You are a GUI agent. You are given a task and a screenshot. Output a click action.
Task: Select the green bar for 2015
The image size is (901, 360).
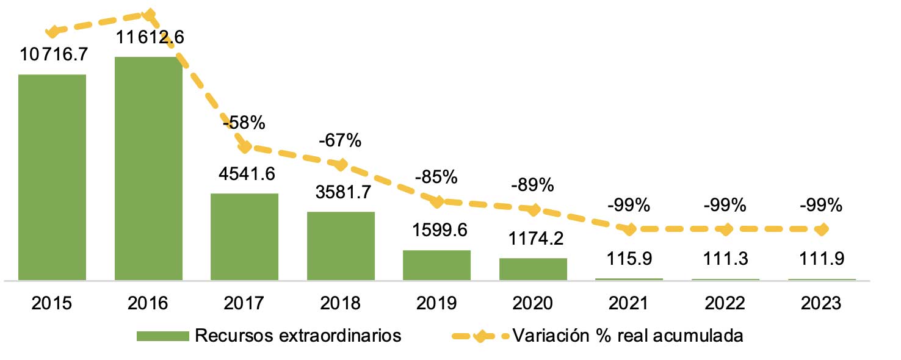point(52,177)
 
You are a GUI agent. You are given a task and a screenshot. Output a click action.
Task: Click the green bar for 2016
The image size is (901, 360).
point(148,168)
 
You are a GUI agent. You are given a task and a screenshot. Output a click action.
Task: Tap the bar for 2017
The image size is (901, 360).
point(244,237)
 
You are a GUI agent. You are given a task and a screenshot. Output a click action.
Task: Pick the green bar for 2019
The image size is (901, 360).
point(436,265)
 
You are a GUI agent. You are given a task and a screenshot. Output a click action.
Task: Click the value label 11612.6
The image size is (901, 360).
point(150,38)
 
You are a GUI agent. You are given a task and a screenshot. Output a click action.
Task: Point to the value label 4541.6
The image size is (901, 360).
point(246,173)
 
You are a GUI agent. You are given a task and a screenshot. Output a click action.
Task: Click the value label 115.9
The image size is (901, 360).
point(629,259)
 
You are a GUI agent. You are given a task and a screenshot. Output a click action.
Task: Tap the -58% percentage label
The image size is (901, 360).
point(244,123)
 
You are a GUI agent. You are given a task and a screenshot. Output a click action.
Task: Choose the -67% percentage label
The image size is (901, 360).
point(340,141)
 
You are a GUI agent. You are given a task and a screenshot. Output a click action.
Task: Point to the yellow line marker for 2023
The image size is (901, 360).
point(822,229)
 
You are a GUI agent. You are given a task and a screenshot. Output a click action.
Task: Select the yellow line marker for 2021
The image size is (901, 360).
point(629,229)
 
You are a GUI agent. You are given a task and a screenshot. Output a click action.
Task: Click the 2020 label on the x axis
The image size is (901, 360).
point(532,303)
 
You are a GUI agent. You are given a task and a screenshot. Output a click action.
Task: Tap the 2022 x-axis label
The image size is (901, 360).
point(725,303)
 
